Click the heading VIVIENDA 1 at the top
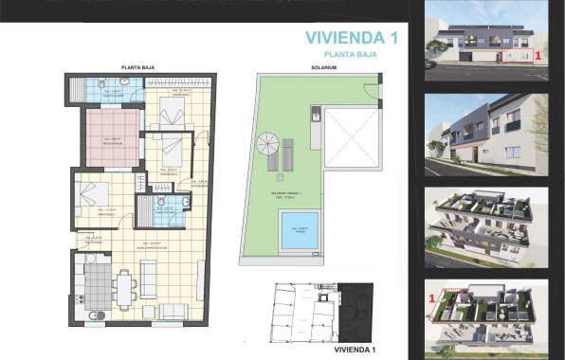[x=350, y=38]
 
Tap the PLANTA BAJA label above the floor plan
[x=138, y=67]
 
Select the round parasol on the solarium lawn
[x=266, y=146]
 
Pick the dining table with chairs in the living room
[x=124, y=285]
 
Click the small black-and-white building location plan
[x=314, y=313]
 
